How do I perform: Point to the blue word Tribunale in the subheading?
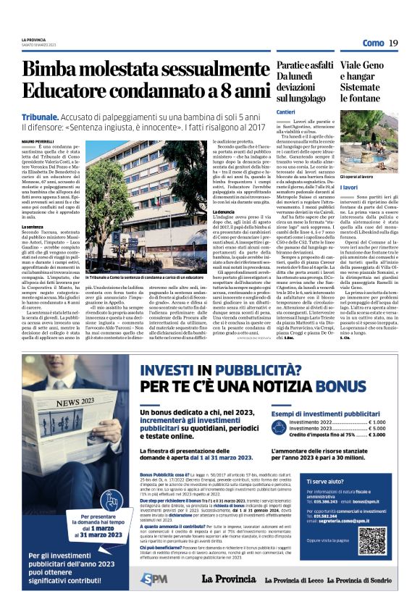41,116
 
